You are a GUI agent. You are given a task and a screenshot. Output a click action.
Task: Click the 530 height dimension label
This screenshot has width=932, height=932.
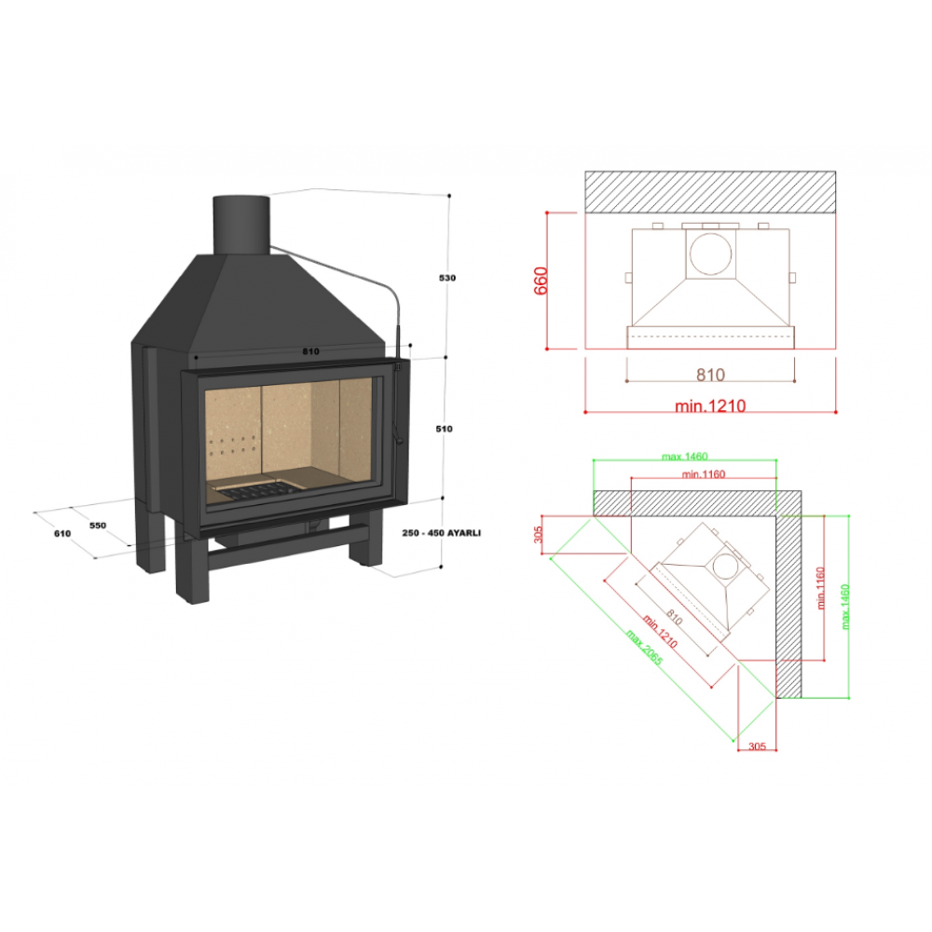click(447, 278)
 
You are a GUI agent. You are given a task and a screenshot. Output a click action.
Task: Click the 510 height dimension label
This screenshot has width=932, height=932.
click(444, 429)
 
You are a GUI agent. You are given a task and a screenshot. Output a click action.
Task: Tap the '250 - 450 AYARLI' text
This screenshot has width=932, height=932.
click(441, 532)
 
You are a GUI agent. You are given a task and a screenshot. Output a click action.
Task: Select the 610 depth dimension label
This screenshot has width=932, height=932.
click(62, 533)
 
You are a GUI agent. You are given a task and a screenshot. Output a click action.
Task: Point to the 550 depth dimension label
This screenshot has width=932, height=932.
click(98, 526)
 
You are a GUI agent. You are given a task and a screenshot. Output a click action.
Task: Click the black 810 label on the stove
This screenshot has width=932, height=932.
click(310, 351)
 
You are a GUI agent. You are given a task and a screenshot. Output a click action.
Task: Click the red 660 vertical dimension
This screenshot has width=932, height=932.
click(541, 281)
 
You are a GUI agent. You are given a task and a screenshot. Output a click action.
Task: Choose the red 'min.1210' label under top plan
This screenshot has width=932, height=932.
click(710, 406)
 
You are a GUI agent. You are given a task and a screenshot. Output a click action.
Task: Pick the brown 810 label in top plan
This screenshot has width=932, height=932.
click(710, 375)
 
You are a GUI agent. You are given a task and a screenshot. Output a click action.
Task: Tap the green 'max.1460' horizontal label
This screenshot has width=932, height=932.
click(685, 457)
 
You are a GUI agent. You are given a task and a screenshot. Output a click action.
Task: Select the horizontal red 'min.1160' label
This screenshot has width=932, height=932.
click(704, 474)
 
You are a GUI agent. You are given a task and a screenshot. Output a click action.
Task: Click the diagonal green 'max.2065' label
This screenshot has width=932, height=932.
click(644, 647)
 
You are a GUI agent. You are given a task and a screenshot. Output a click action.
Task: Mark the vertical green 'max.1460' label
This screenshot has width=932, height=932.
click(845, 607)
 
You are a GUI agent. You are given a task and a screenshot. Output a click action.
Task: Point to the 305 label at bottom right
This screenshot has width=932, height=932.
click(757, 747)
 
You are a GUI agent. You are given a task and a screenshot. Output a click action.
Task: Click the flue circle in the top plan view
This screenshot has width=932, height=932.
click(710, 254)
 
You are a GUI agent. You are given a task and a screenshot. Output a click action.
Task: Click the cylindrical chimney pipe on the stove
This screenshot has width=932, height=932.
click(241, 226)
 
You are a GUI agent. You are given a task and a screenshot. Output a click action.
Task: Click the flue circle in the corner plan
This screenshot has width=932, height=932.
click(726, 566)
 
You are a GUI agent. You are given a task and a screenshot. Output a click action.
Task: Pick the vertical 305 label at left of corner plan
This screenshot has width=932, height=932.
click(538, 534)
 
